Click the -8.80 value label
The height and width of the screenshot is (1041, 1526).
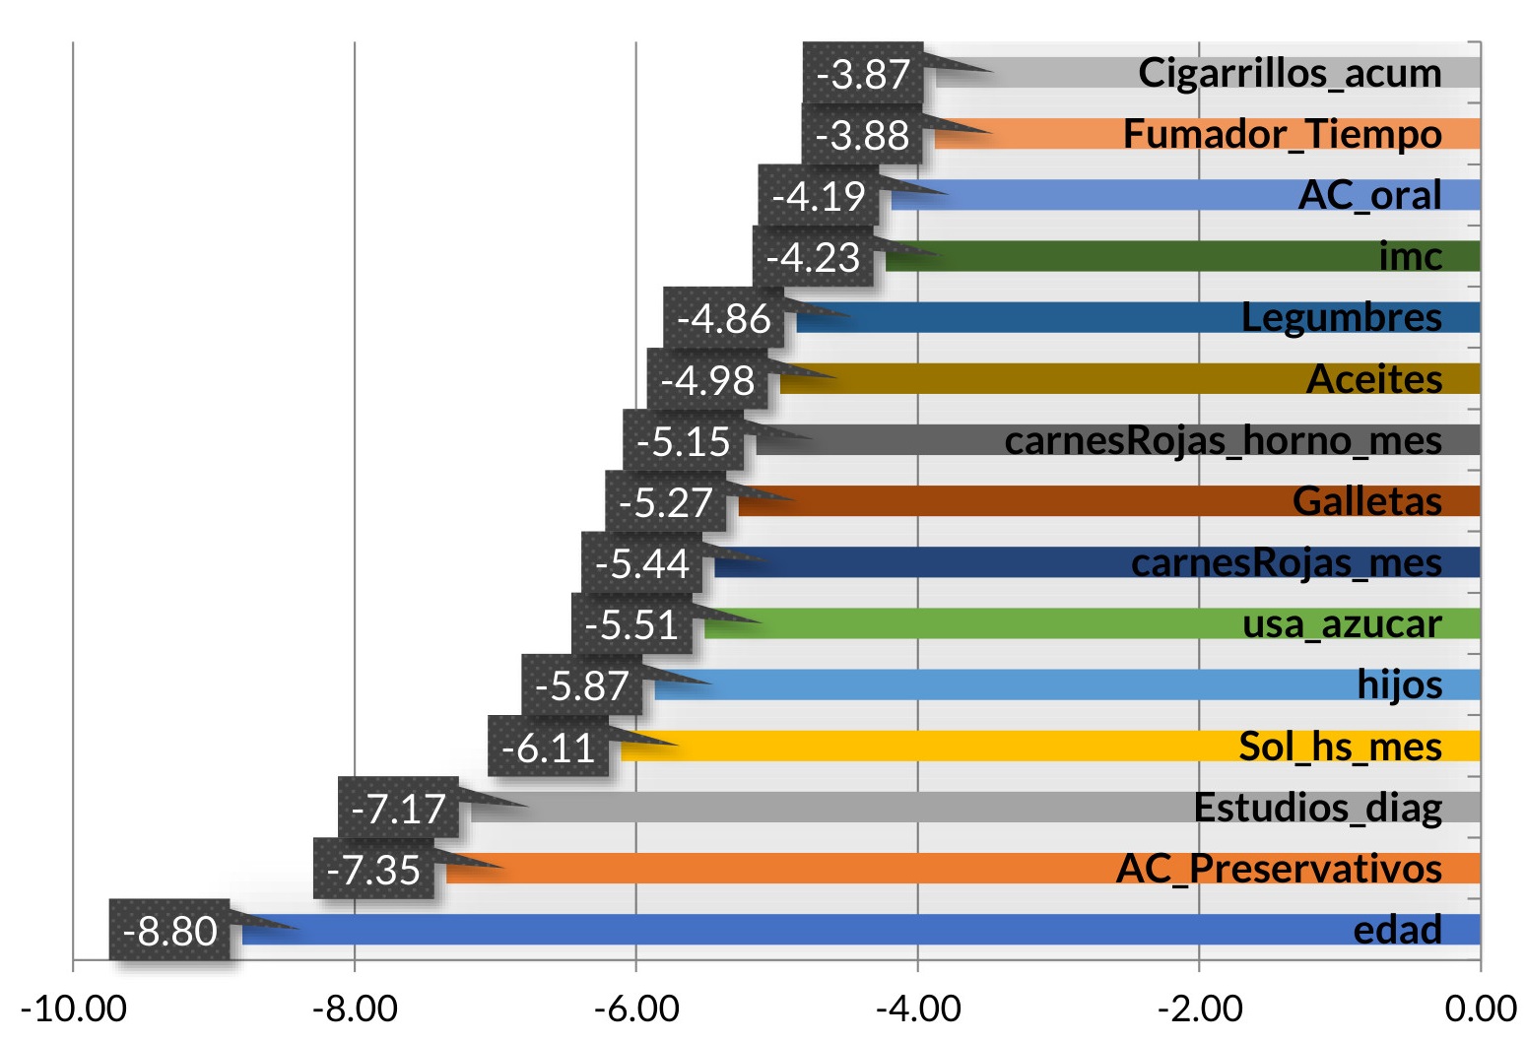click(x=169, y=931)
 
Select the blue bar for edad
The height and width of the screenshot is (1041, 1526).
click(x=788, y=930)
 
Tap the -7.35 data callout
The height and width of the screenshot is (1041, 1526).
click(x=373, y=870)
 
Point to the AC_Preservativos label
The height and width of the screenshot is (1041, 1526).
click(x=1279, y=869)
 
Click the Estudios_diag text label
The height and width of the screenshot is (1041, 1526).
click(x=1317, y=808)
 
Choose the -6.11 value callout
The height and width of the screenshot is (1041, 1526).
click(x=548, y=748)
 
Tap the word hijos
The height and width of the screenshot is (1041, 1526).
click(x=1399, y=684)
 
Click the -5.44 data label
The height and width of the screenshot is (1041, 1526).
click(x=641, y=563)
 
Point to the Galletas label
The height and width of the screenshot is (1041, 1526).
click(x=1366, y=501)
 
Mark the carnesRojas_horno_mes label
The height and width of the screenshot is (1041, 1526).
click(x=1223, y=440)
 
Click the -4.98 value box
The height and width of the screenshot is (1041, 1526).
click(x=707, y=380)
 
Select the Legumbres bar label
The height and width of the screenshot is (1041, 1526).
click(x=1341, y=317)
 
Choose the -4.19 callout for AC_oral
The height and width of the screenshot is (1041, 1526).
click(x=818, y=196)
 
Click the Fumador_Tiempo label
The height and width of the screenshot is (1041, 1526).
click(x=1282, y=134)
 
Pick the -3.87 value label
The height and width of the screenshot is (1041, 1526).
click(x=863, y=74)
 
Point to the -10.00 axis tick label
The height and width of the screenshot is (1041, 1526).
click(x=73, y=1009)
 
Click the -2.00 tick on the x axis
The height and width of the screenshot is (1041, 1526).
click(x=1199, y=1009)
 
